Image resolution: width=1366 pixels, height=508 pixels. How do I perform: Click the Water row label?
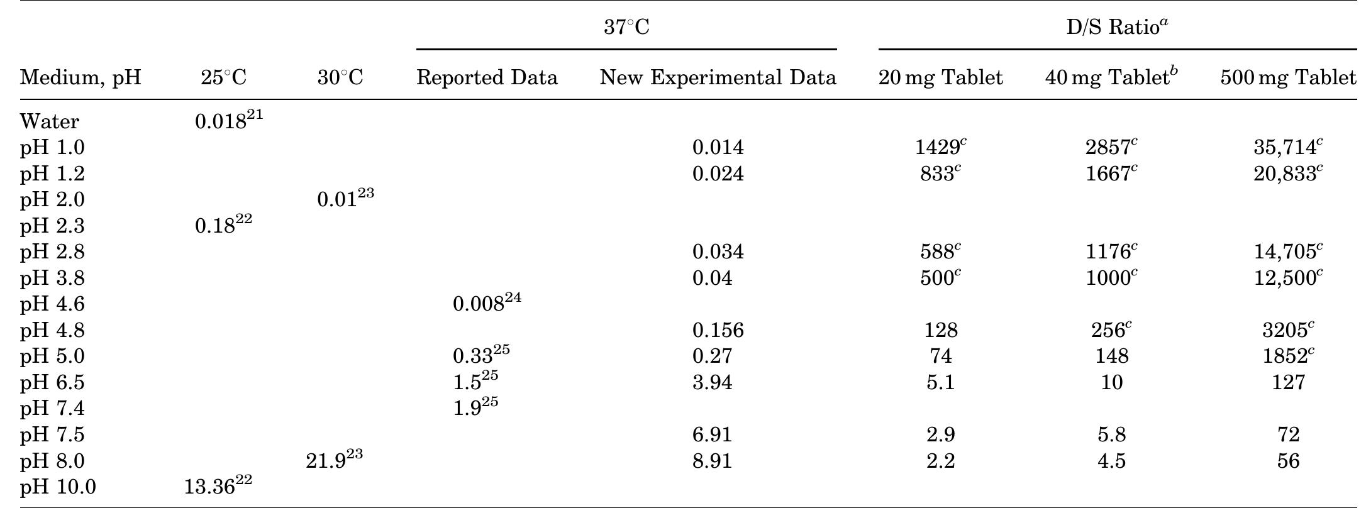click(50, 121)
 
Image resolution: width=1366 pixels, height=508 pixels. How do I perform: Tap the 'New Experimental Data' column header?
click(718, 77)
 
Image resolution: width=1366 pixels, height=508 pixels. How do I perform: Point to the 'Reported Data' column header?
click(487, 77)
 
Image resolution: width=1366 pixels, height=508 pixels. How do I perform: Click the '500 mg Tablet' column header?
click(1287, 77)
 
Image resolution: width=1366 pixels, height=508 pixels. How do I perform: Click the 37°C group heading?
click(626, 27)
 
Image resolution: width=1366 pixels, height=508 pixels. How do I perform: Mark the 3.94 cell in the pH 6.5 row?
click(712, 382)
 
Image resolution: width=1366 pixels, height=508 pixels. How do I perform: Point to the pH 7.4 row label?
click(52, 409)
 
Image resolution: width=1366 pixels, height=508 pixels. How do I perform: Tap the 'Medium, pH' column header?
click(81, 77)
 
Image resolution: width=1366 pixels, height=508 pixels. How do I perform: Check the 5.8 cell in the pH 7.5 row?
click(1111, 434)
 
